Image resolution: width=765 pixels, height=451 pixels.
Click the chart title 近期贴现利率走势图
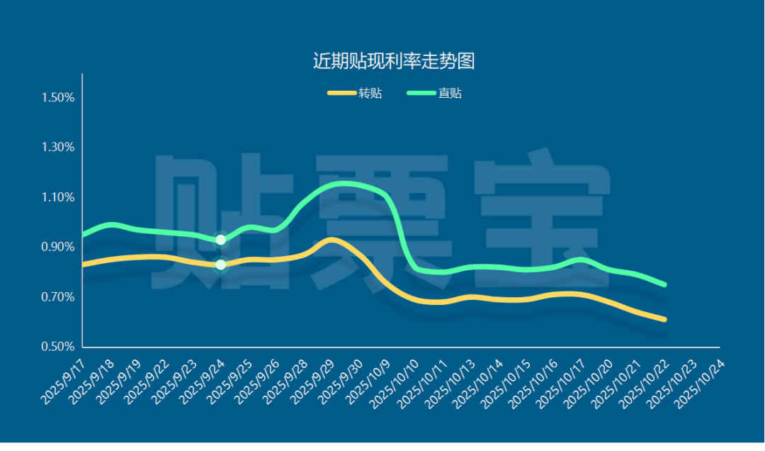pyautogui.click(x=393, y=61)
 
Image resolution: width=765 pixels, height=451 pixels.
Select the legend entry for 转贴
pyautogui.click(x=355, y=94)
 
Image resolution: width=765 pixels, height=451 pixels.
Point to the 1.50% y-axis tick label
pyautogui.click(x=58, y=97)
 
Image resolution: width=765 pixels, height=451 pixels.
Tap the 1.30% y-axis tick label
pyautogui.click(x=58, y=147)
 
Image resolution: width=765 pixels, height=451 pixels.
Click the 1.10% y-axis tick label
pyautogui.click(x=58, y=197)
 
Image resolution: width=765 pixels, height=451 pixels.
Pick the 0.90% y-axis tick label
pyautogui.click(x=58, y=247)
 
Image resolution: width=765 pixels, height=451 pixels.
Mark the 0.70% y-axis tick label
pyautogui.click(x=58, y=297)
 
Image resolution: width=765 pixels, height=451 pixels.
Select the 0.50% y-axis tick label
pyautogui.click(x=58, y=347)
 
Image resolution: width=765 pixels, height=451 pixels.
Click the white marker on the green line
pyautogui.click(x=220, y=240)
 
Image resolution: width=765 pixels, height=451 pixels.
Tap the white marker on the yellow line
pyautogui.click(x=220, y=265)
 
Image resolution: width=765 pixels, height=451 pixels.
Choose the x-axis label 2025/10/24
pyautogui.click(x=699, y=384)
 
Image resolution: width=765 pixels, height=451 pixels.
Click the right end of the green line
pyautogui.click(x=664, y=284)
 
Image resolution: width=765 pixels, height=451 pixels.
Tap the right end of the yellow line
pyautogui.click(x=664, y=320)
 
